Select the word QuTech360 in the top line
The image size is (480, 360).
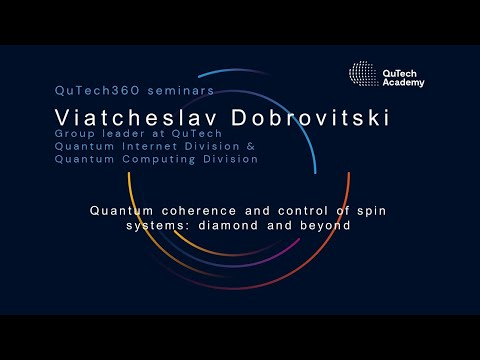click(x=92, y=91)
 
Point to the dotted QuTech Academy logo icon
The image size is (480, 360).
click(x=364, y=74)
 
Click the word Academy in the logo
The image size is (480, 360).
click(x=403, y=82)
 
